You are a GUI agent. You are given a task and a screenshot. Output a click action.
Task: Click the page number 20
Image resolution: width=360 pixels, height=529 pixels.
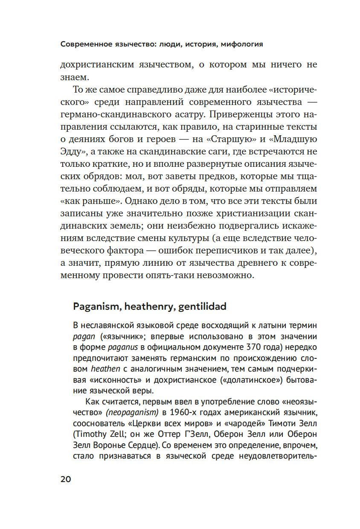click(66, 479)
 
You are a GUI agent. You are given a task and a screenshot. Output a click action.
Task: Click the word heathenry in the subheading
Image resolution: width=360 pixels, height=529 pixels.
click(148, 306)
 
